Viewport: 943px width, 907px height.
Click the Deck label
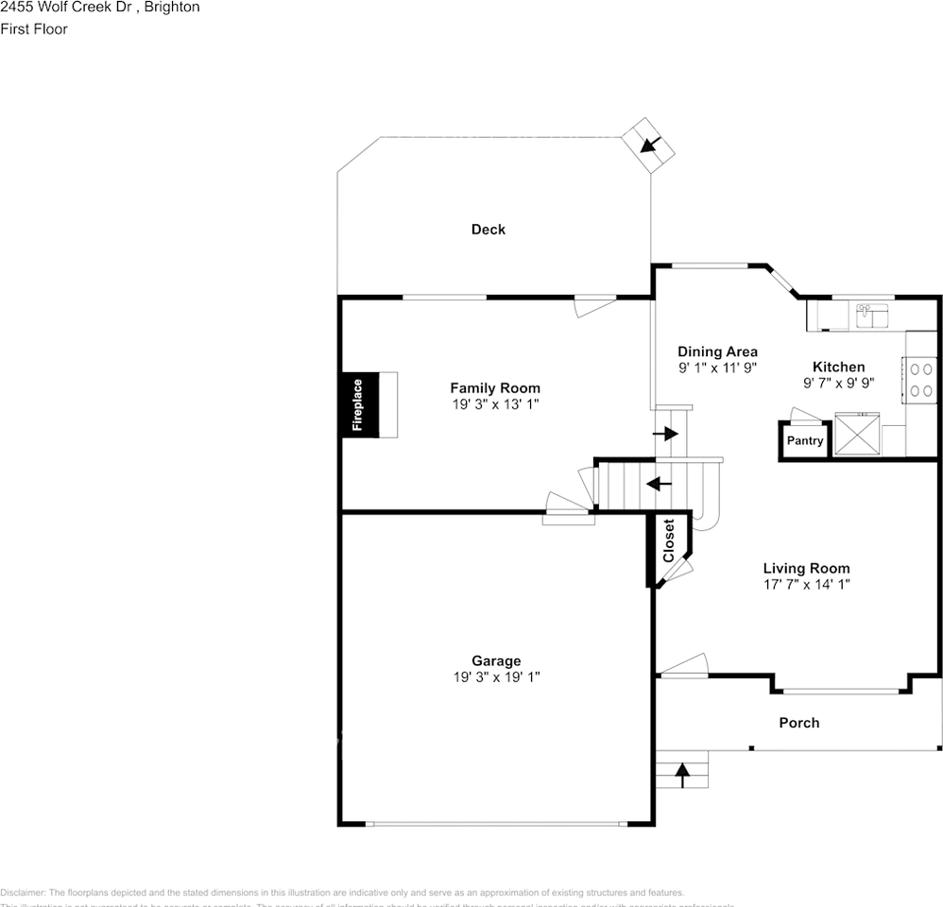coord(489,230)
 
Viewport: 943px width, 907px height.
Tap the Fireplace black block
coord(359,404)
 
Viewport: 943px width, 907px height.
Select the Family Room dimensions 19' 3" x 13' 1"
coord(495,404)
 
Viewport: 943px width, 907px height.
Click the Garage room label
coord(496,661)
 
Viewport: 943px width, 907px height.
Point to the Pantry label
coord(805,441)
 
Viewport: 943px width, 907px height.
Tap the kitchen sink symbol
coord(873,315)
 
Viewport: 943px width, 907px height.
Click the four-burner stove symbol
coord(920,380)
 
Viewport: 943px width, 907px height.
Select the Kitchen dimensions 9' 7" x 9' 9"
coord(839,384)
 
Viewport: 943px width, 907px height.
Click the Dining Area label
coord(717,351)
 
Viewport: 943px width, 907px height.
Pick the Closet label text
coord(669,541)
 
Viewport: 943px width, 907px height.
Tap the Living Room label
coord(806,568)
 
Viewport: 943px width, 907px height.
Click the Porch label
coord(798,723)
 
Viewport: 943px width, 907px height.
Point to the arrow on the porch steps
coord(682,775)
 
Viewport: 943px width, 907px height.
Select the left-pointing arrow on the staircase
coord(658,484)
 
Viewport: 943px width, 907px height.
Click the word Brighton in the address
coord(173,8)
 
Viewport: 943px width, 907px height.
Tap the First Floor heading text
coord(34,29)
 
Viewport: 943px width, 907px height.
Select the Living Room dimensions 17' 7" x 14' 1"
coord(806,584)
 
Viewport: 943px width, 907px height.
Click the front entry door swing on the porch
coord(683,666)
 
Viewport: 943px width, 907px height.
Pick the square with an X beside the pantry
coord(857,435)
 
